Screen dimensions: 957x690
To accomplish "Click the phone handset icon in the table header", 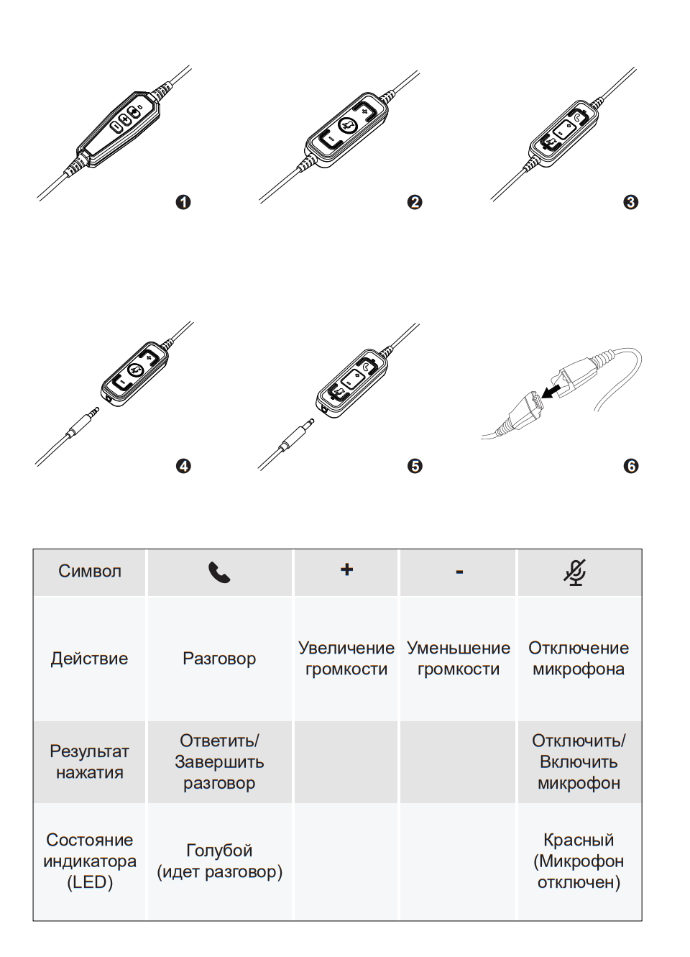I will click(219, 572).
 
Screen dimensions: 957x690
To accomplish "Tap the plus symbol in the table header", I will click(346, 569).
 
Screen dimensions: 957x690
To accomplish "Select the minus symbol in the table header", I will click(459, 572).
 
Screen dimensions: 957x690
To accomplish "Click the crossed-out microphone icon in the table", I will click(575, 572).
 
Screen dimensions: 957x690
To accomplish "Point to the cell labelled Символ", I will click(90, 572).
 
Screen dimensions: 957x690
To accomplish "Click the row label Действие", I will click(90, 659).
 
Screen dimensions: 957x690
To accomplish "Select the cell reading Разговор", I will click(219, 659).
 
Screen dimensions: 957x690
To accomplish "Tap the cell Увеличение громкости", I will click(346, 659).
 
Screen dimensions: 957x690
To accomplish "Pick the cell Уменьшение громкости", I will click(459, 659).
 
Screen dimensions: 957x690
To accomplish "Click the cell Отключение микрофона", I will click(579, 659).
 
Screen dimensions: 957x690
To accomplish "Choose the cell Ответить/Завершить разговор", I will click(219, 762).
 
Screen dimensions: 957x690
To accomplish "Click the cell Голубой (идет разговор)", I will click(219, 861).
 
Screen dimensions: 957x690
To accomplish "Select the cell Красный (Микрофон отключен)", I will click(579, 861).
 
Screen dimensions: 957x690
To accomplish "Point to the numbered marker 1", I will click(183, 202).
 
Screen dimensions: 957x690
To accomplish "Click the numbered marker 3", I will click(631, 202).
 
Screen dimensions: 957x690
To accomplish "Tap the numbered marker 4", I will click(183, 466).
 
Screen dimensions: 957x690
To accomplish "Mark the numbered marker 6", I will click(631, 466).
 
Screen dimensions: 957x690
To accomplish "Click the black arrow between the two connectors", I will click(551, 391).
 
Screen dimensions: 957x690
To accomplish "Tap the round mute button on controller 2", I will click(347, 126).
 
